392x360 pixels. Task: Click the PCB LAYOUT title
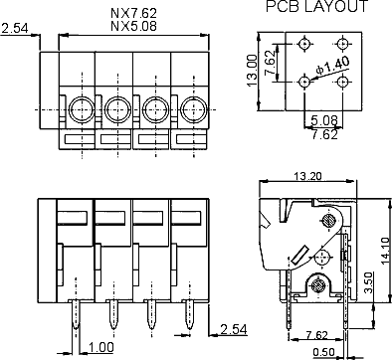(x=316, y=7)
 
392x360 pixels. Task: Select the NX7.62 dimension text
(x=133, y=13)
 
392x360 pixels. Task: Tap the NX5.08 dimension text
(x=133, y=26)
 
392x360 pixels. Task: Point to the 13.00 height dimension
(x=253, y=71)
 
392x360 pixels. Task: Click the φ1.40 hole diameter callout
(x=332, y=66)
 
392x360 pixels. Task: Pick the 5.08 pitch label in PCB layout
(x=324, y=120)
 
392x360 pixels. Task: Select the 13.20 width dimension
(x=307, y=176)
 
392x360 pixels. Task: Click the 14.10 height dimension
(x=386, y=251)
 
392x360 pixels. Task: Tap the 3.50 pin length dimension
(x=368, y=282)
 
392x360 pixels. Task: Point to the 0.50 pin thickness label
(x=323, y=353)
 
